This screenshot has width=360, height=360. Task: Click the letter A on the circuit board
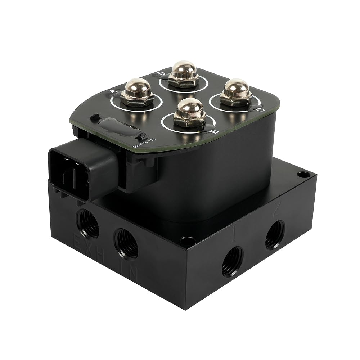pos(113,91)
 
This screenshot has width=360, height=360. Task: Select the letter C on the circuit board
pos(261,109)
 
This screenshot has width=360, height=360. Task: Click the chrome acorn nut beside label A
pos(137,93)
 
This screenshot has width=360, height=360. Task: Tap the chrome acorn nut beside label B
pos(190,113)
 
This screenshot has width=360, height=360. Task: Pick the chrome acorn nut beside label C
pos(236,93)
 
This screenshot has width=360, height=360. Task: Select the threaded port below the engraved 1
pos(232,261)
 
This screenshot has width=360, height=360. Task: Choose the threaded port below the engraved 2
pos(275,235)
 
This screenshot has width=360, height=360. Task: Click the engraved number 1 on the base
pos(234,235)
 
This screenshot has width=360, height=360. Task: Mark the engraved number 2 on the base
pos(276,210)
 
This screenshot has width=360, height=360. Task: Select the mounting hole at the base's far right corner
pos(303,175)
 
